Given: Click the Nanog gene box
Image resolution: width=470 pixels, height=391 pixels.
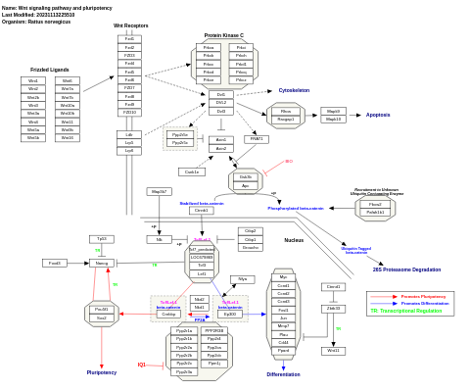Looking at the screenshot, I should [x=101, y=263].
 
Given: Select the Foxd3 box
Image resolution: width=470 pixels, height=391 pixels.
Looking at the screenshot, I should [x=55, y=263].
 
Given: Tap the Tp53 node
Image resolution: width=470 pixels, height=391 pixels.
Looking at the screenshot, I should [x=101, y=239].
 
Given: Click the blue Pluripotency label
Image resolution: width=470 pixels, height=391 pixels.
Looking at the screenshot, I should [x=101, y=372].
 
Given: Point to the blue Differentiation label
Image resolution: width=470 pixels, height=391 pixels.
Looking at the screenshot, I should [x=283, y=374].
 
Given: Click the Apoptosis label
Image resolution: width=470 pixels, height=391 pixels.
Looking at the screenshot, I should [x=377, y=115].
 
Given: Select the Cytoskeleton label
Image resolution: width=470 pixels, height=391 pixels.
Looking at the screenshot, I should [x=294, y=90].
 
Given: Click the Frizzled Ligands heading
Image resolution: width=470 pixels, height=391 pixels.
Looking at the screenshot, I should [x=50, y=71].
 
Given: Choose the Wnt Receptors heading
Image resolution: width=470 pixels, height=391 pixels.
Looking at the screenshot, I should [x=130, y=25].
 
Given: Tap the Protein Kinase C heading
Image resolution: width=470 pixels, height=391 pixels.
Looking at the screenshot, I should [x=224, y=34].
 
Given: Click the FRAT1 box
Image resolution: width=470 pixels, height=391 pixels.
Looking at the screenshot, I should [x=257, y=139].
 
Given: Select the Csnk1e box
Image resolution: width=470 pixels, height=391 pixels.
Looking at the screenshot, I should [x=192, y=171].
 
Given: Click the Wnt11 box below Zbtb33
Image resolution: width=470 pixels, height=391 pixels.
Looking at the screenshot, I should [x=334, y=350].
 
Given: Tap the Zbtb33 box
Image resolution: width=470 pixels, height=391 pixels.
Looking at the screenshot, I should [x=334, y=308].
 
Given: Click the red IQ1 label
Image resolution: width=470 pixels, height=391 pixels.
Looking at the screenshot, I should [x=141, y=365].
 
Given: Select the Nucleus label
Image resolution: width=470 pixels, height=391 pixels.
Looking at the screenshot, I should [x=294, y=239].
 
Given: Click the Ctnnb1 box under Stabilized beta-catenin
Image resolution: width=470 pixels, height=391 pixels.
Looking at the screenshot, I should [x=202, y=211].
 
